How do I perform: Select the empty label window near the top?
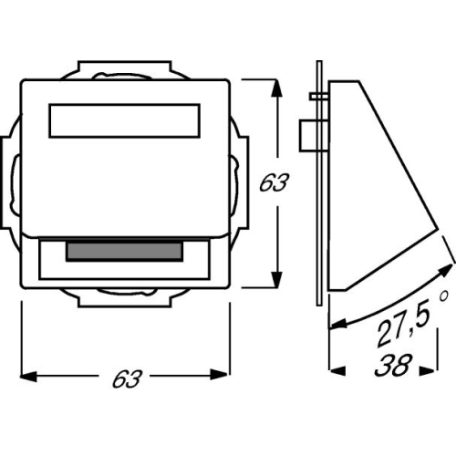pos(124,120)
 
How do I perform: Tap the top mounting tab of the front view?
pos(123,71)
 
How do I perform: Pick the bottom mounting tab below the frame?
pos(123,292)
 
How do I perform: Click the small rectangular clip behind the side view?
pos(307,135)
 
